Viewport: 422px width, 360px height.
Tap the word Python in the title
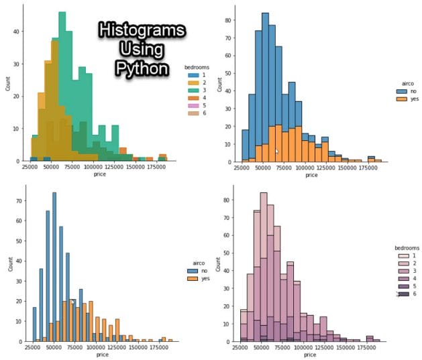(x=141, y=66)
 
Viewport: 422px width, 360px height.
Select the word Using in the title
(x=141, y=50)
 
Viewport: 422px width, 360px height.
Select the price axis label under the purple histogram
(x=311, y=353)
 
